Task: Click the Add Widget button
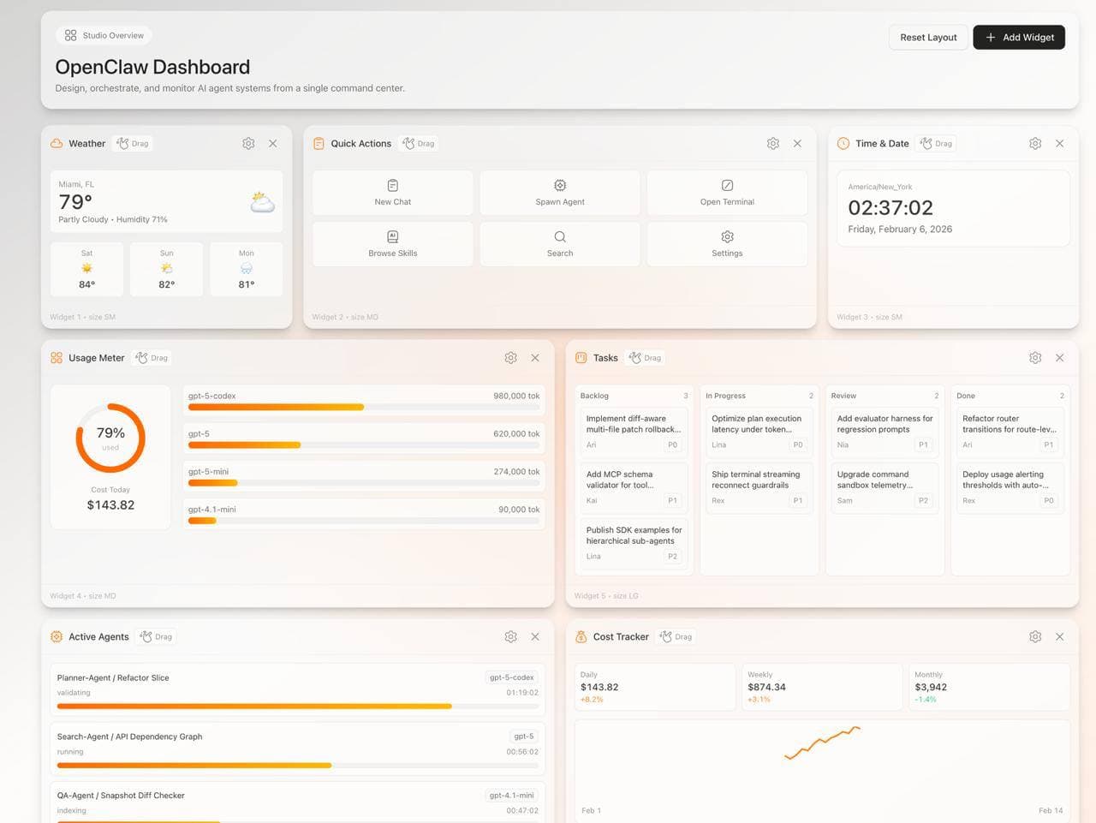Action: tap(1019, 38)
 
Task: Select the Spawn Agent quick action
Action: tap(560, 193)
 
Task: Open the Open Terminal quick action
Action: tap(727, 193)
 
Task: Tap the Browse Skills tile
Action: tap(393, 244)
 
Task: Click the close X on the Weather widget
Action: tap(273, 144)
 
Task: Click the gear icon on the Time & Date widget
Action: tap(1035, 144)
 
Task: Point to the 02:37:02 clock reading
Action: tap(890, 208)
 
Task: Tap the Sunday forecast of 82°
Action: tap(167, 269)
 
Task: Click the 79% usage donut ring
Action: tap(110, 438)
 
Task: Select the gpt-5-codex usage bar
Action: tap(276, 407)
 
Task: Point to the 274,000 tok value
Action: tap(516, 472)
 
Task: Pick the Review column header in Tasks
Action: tap(843, 396)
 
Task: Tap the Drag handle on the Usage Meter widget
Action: tap(152, 358)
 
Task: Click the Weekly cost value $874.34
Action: tap(766, 687)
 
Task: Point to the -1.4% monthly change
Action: tap(926, 700)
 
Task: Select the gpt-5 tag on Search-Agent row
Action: tap(523, 737)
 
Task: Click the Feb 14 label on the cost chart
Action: tap(1050, 810)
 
